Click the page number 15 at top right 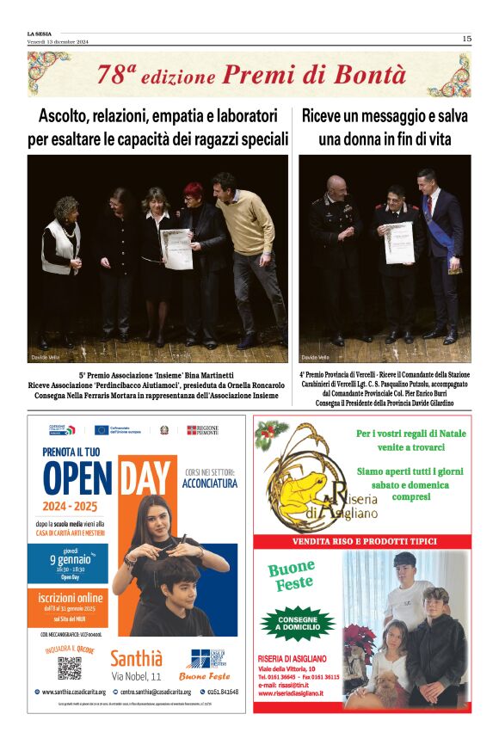pos(466,39)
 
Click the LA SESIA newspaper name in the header pos(39,34)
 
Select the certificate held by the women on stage pos(176,249)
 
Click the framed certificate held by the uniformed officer pos(398,243)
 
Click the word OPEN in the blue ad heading pos(77,479)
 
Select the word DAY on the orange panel pos(146,479)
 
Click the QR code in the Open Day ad pos(69,668)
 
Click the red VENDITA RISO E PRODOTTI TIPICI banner pos(362,542)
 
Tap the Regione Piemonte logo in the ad pos(203,429)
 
